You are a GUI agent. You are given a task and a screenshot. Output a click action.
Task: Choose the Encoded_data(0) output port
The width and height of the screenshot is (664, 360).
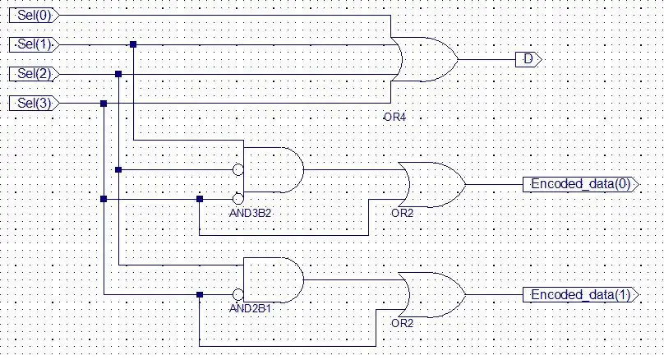click(580, 184)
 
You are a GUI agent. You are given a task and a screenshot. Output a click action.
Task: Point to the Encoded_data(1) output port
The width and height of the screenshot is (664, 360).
click(580, 295)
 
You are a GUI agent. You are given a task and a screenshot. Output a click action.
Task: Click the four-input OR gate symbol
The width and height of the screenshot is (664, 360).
click(423, 59)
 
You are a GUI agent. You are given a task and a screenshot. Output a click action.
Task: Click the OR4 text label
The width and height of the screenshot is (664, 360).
click(394, 118)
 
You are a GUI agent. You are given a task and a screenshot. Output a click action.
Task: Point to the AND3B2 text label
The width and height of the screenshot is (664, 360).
click(250, 213)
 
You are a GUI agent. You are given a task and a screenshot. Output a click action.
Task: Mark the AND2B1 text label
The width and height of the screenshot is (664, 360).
click(250, 310)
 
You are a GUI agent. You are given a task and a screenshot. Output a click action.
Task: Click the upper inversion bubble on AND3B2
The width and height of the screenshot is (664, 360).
click(238, 170)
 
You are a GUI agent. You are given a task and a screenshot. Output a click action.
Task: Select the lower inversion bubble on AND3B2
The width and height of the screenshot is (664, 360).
click(238, 199)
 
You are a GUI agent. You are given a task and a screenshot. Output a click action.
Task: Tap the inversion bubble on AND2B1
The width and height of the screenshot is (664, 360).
click(238, 294)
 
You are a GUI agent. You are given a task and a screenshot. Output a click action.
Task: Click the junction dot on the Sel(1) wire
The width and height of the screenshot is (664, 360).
click(133, 44)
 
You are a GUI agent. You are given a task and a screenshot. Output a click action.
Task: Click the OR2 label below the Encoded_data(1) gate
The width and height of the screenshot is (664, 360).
click(402, 323)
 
